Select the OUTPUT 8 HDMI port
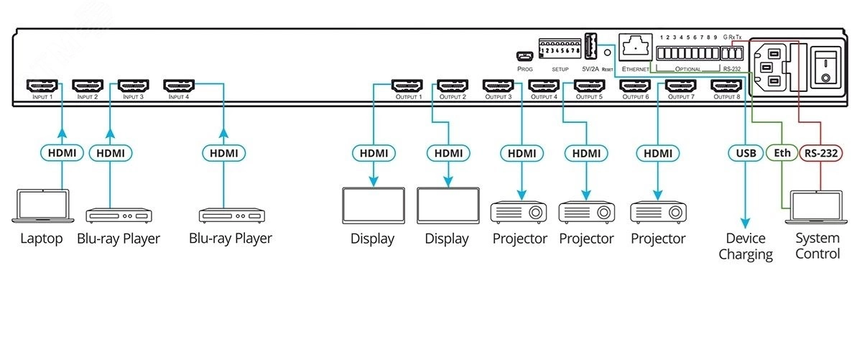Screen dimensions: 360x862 click(726, 86)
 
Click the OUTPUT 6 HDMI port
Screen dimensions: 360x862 click(635, 86)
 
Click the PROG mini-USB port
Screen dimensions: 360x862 click(524, 56)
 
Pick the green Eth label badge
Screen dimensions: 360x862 click(781, 152)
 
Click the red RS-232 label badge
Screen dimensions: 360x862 click(820, 152)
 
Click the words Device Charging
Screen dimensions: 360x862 click(746, 246)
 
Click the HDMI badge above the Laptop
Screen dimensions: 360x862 click(62, 152)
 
